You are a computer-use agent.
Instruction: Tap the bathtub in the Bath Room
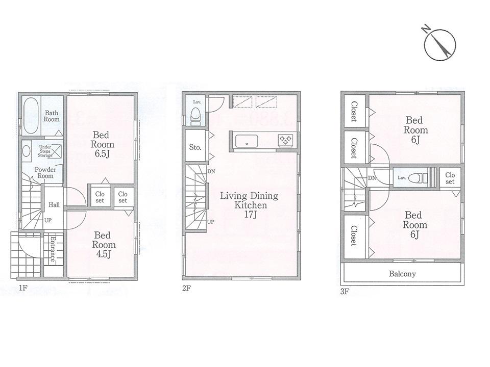tap(30, 115)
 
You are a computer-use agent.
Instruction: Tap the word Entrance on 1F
tap(53, 249)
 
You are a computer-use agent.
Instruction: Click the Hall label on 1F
tap(54, 205)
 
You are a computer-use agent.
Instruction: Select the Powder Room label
tap(44, 172)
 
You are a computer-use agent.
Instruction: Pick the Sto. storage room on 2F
tap(195, 147)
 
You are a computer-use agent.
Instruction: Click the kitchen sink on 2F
tap(247, 141)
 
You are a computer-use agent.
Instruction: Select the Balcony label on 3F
tap(402, 274)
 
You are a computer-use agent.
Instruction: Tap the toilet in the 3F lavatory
tap(420, 177)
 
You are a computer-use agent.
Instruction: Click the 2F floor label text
tap(186, 288)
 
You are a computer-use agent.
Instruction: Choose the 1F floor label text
tap(22, 288)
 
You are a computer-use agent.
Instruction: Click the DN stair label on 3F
tap(372, 178)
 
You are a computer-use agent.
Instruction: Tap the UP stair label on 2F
tap(210, 222)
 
